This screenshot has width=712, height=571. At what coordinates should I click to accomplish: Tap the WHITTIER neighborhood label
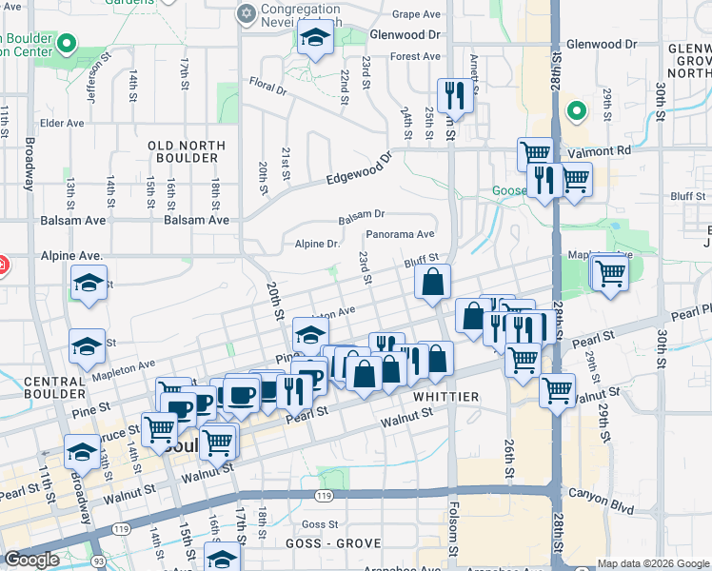pos(444,393)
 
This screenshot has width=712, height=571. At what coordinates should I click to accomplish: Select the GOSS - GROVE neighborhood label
pos(333,543)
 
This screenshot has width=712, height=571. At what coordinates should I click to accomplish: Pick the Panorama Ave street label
pos(400,234)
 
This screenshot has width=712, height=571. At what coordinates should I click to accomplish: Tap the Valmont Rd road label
pos(605,150)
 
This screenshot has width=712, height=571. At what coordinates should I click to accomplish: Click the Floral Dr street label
pos(267,89)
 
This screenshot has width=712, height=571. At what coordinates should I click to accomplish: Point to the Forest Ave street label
pos(414,57)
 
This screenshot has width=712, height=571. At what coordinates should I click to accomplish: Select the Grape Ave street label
pos(416,14)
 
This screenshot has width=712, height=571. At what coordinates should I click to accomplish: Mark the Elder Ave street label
pos(63,123)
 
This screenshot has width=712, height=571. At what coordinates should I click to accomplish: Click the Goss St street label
pos(319,524)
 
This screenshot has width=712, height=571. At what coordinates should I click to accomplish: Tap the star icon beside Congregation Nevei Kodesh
pos(247,13)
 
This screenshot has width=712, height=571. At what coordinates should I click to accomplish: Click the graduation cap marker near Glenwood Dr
pos(313,37)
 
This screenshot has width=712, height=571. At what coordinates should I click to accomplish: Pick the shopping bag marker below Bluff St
pos(433,281)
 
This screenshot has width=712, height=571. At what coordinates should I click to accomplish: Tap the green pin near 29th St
pos(574,110)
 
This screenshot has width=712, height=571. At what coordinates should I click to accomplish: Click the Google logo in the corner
pos(31,560)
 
